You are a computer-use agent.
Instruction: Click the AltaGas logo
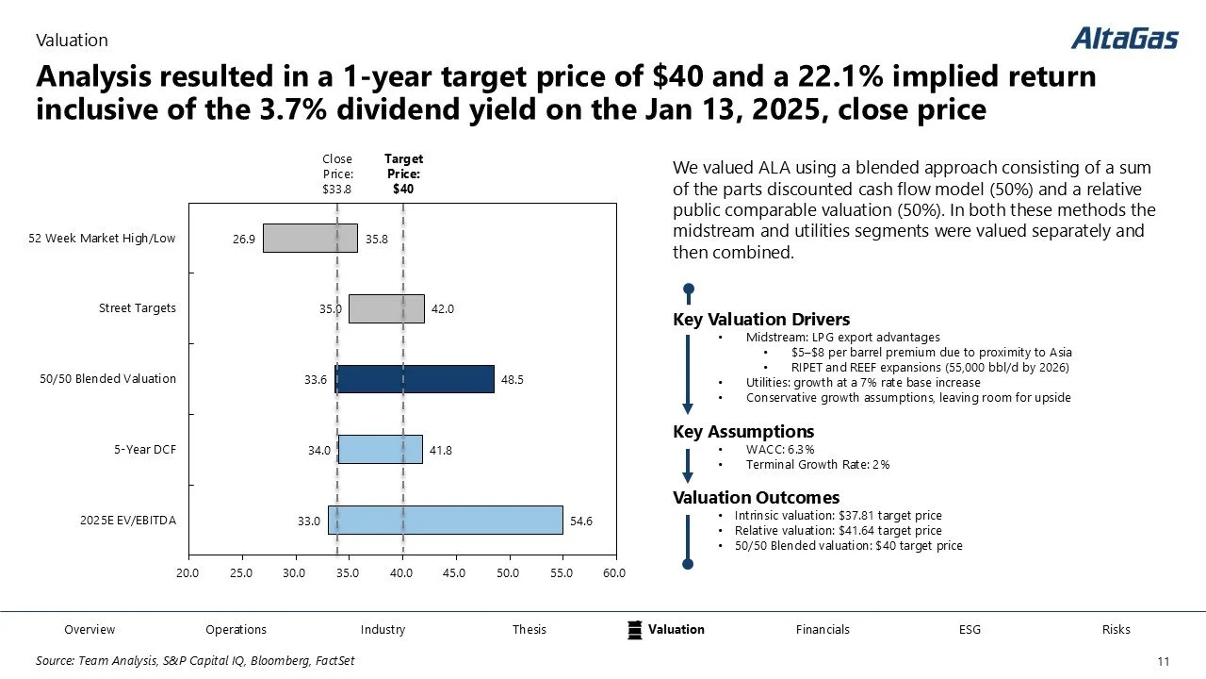pyautogui.click(x=1124, y=39)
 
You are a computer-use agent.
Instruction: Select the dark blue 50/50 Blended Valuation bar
pyautogui.click(x=415, y=379)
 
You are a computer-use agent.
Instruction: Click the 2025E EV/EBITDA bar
pyautogui.click(x=445, y=521)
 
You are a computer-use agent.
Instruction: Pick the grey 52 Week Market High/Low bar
pyautogui.click(x=310, y=239)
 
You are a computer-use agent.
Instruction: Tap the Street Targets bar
pyautogui.click(x=386, y=308)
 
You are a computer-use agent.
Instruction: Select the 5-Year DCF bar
pyautogui.click(x=380, y=450)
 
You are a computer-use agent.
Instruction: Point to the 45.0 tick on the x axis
pyautogui.click(x=455, y=573)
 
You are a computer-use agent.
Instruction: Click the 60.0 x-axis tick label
pyautogui.click(x=614, y=573)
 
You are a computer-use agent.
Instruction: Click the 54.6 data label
pyautogui.click(x=581, y=521)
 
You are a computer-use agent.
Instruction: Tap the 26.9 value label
pyautogui.click(x=244, y=240)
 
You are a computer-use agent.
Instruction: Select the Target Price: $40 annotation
pyautogui.click(x=403, y=174)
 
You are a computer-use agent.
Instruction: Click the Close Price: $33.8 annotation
pyautogui.click(x=337, y=174)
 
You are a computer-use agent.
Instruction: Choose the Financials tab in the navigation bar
pyautogui.click(x=823, y=630)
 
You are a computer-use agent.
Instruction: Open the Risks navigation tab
pyautogui.click(x=1116, y=630)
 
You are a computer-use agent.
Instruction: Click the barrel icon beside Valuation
pyautogui.click(x=635, y=630)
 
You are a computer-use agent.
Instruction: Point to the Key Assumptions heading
pyautogui.click(x=743, y=432)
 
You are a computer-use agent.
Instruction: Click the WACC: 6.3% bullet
pyautogui.click(x=780, y=450)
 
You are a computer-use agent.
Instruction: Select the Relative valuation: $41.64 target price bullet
pyautogui.click(x=838, y=531)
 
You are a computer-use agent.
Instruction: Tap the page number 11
pyautogui.click(x=1163, y=661)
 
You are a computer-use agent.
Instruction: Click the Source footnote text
pyautogui.click(x=195, y=661)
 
